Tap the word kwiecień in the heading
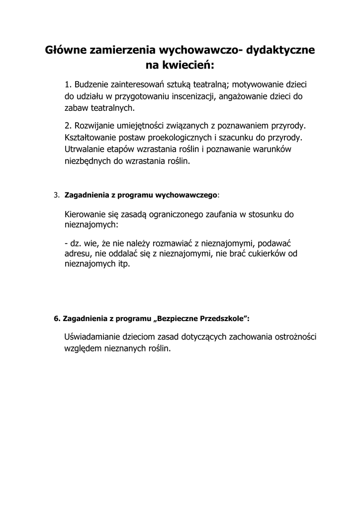[189, 65]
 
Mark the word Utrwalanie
[84, 149]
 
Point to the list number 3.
[56, 195]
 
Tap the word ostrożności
[295, 337]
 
